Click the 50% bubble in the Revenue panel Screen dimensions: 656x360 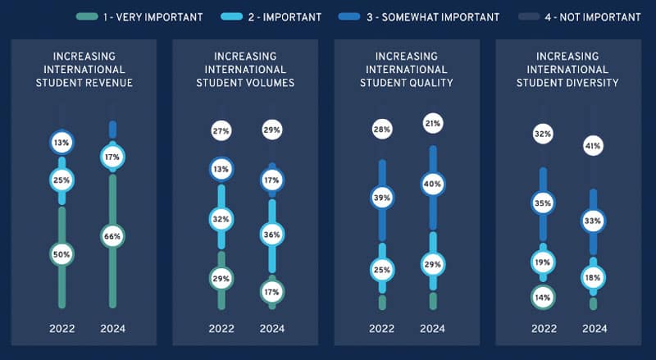tap(62, 254)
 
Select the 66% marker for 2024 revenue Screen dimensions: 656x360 tap(112, 236)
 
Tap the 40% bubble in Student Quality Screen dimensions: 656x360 tap(433, 185)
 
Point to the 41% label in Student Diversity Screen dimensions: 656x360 tap(593, 146)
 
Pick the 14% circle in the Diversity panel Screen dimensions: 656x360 tap(543, 298)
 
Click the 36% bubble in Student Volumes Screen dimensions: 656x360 tap(272, 235)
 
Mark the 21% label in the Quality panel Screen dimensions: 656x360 tap(433, 124)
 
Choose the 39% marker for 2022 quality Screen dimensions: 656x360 tap(382, 198)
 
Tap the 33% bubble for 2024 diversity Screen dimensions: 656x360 tap(593, 221)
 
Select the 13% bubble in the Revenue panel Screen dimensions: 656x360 tap(62, 143)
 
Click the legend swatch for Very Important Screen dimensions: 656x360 tap(87, 16)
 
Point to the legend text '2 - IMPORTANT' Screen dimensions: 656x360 tap(285, 17)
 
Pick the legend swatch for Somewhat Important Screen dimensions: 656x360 tap(349, 16)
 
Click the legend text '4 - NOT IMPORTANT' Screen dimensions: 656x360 tap(593, 17)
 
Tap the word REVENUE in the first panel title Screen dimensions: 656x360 tap(108, 83)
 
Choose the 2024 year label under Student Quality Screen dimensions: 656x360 tap(433, 329)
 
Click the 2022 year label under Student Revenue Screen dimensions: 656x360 tap(62, 329)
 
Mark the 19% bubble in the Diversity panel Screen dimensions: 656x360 tap(543, 262)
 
